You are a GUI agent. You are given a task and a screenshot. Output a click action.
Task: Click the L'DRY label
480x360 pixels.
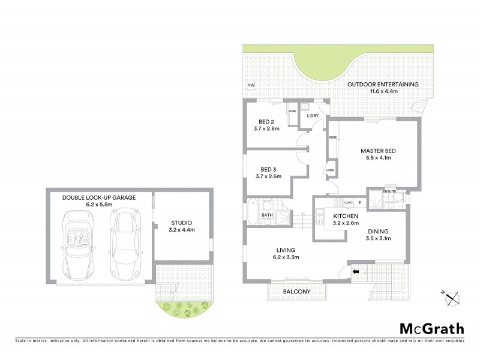point(313,115)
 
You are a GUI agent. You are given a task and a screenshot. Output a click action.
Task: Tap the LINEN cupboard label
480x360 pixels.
point(330,170)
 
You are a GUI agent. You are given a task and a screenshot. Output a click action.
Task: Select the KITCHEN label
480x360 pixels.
point(346,216)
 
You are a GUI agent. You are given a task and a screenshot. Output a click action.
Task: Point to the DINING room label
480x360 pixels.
point(378,231)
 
